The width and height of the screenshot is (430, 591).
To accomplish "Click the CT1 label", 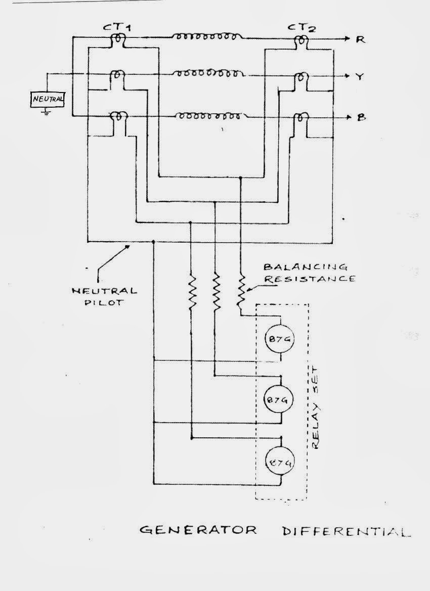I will (117, 28).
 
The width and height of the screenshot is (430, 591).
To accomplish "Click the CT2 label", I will (303, 28).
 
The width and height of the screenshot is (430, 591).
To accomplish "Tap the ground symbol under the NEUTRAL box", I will (47, 112).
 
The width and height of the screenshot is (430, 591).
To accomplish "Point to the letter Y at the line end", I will (360, 77).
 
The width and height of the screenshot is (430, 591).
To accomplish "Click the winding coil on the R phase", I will (208, 37).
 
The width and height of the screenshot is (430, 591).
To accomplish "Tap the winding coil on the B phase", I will (208, 116).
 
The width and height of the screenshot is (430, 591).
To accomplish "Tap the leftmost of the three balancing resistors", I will (192, 292).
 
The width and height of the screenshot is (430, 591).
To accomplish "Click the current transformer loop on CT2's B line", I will (300, 118).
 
